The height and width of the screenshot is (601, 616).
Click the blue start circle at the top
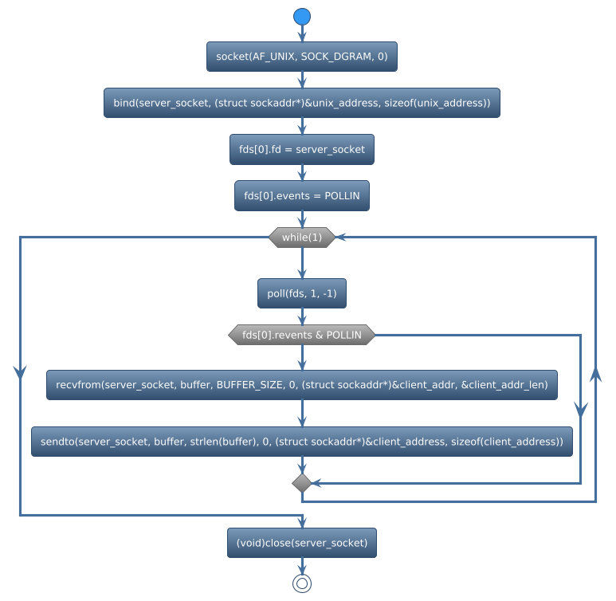301,17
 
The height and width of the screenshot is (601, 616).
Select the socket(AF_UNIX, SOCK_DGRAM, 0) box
301,57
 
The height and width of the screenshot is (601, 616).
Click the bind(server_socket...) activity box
301,103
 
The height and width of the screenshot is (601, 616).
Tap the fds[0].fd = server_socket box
301,149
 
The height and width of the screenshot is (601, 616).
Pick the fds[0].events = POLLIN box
301,195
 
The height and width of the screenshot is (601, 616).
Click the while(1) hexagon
301,238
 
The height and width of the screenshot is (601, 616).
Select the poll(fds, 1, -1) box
301,293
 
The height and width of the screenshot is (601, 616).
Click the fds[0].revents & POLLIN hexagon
301,335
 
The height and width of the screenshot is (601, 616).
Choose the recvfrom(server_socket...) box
301,384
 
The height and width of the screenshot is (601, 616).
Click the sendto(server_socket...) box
301,442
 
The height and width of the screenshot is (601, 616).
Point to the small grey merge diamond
301,483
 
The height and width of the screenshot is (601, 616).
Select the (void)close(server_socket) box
301,543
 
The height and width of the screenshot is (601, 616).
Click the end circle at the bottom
301,583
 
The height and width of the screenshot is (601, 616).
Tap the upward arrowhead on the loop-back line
596,375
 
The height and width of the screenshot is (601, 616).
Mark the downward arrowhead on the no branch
581,408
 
